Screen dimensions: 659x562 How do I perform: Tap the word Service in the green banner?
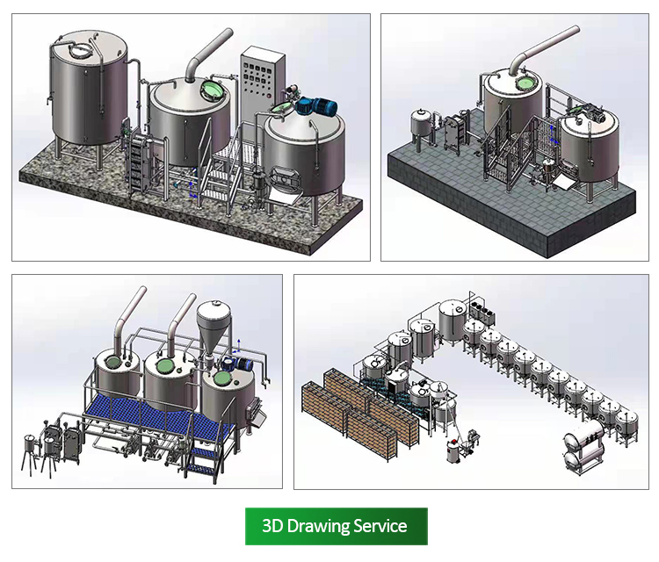pyautogui.click(x=380, y=526)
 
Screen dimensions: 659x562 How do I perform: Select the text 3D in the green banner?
pyautogui.click(x=272, y=526)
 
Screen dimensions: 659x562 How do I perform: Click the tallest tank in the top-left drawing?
pyautogui.click(x=89, y=88)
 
